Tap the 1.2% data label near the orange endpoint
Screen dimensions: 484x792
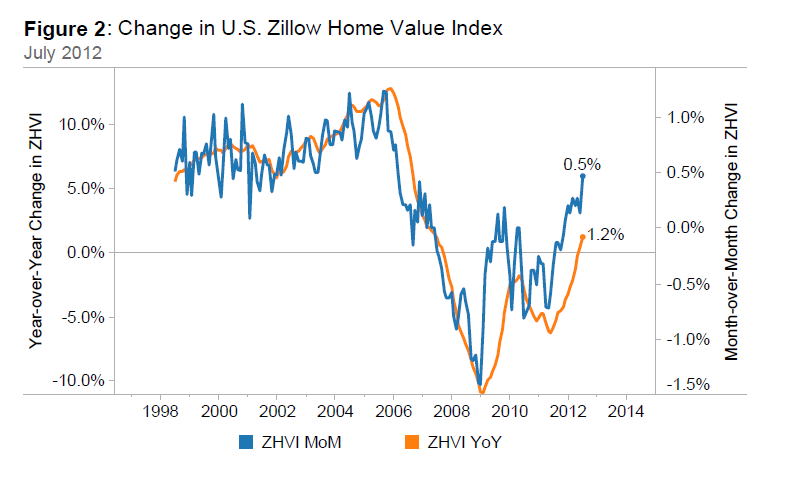pyautogui.click(x=606, y=235)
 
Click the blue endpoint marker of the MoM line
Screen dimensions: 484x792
pyautogui.click(x=583, y=176)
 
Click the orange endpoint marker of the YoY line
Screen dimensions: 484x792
pyautogui.click(x=583, y=237)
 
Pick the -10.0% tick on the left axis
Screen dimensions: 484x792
pyautogui.click(x=80, y=381)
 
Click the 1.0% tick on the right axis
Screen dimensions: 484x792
pyautogui.click(x=684, y=117)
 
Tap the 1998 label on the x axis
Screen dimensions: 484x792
pyautogui.click(x=161, y=410)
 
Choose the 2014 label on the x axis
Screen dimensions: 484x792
pyautogui.click(x=625, y=410)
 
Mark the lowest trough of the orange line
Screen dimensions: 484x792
pyautogui.click(x=481, y=390)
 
